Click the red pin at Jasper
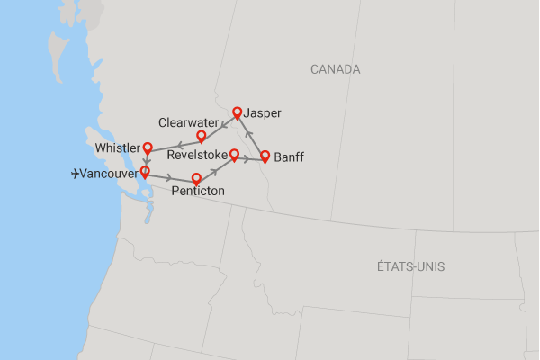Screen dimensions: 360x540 238,112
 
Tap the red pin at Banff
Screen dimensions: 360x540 265,156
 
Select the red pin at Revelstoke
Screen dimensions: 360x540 234,154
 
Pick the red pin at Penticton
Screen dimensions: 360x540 196,178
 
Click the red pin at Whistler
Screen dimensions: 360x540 147,149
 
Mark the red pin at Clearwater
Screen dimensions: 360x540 202,136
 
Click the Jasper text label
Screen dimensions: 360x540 268,113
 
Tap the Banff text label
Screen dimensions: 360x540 289,157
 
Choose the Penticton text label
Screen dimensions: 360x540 199,192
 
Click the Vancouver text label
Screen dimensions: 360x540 109,174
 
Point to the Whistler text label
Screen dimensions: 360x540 118,148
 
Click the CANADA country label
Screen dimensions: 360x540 335,69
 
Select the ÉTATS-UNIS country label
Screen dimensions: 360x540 411,266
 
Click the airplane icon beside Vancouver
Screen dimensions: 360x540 75,174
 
